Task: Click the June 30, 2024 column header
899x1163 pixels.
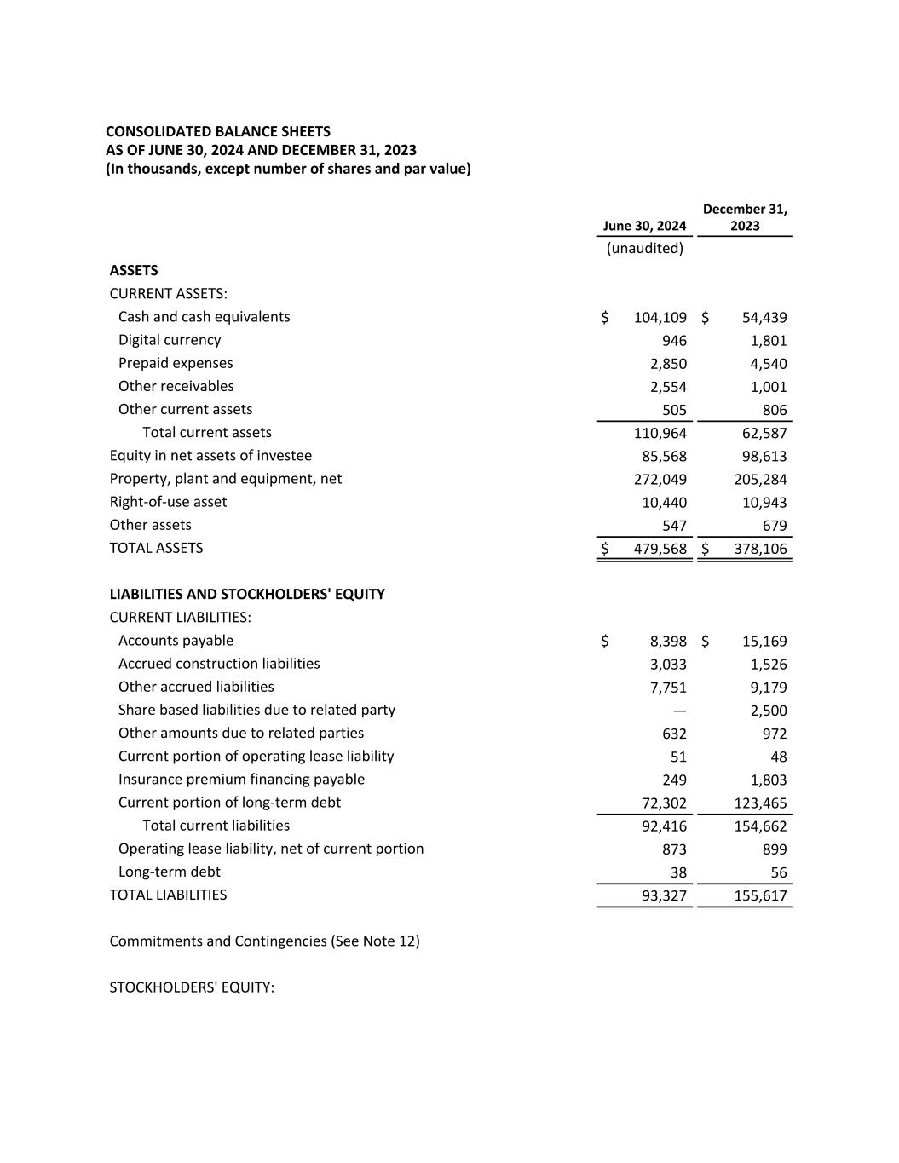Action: tap(644, 226)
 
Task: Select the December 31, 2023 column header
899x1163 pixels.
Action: tap(745, 217)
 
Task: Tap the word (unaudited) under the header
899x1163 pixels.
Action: tap(645, 248)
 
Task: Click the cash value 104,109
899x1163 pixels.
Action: tap(660, 318)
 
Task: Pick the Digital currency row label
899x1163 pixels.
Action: tap(170, 340)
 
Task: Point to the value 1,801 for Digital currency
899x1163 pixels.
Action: tap(769, 341)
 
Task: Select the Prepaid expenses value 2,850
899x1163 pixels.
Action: tap(668, 364)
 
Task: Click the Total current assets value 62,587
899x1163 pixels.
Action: tap(764, 433)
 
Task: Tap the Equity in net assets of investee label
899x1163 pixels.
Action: tap(210, 456)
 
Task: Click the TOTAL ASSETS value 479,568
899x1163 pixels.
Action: tap(660, 549)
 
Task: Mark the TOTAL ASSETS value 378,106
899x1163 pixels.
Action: tap(760, 549)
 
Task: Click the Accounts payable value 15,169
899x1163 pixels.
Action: tap(764, 642)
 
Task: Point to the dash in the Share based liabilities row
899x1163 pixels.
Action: tap(679, 711)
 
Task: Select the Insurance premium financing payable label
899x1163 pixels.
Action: tap(241, 780)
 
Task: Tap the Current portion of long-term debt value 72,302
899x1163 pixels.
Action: tap(664, 803)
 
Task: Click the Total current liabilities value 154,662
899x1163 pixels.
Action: tap(760, 826)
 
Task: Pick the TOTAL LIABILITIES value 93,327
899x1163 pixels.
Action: tap(664, 895)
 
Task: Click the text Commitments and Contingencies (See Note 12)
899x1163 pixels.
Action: tap(264, 941)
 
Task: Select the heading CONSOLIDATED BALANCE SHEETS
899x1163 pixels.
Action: tap(218, 131)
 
